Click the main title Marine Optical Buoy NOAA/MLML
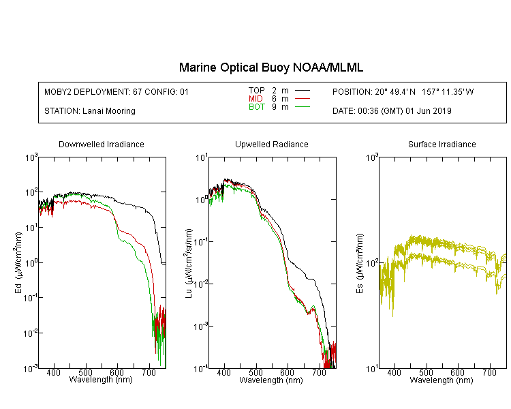[271, 67]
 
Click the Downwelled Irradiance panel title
[102, 144]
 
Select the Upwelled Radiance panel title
[272, 144]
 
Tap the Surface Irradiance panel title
[442, 144]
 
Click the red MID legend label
[255, 98]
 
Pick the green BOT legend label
[257, 107]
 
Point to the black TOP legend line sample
[303, 91]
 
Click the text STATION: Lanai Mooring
[90, 111]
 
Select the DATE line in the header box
[392, 111]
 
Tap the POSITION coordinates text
[403, 91]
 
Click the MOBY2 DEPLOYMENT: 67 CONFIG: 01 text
[117, 91]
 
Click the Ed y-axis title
[18, 263]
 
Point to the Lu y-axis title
[189, 264]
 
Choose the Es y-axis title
[359, 264]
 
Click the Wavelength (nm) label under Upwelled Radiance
[271, 380]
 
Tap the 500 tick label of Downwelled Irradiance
[85, 372]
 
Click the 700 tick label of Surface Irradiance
[489, 372]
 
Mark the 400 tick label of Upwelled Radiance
[224, 372]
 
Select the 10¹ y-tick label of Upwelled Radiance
[202, 158]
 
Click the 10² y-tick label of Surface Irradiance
[372, 263]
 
